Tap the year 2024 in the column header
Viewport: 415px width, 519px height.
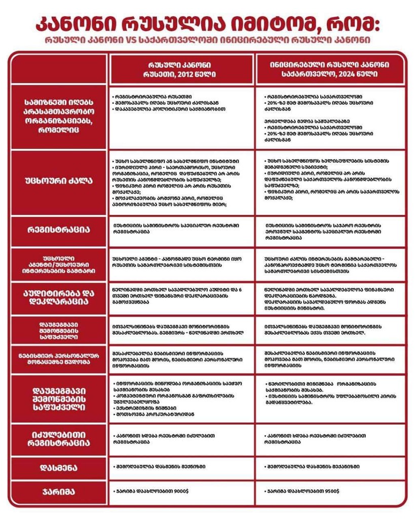340,74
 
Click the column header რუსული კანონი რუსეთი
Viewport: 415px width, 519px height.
181,69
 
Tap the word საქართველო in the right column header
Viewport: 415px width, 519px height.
310,74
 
